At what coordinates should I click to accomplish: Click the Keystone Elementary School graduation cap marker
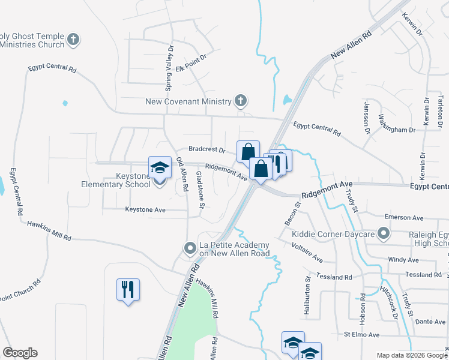160,169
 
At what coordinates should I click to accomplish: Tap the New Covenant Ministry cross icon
241,101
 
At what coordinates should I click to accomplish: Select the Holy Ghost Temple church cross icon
73,40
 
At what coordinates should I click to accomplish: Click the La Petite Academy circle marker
190,248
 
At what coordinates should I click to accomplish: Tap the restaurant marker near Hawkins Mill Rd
128,290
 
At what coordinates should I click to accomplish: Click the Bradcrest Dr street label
206,149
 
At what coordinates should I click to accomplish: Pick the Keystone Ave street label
148,209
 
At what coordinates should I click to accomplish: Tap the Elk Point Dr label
191,62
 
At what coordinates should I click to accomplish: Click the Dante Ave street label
430,322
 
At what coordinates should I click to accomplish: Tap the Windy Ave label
403,260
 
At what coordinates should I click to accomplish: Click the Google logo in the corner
20,352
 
